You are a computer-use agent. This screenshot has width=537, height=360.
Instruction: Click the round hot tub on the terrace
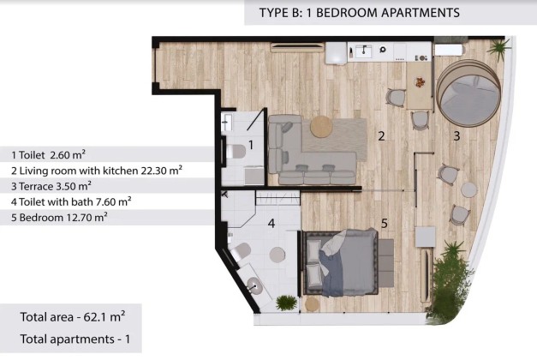pos(468,93)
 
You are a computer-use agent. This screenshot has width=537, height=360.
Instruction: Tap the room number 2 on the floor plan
pos(381,136)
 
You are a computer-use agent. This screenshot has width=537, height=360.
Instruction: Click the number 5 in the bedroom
pos(385,224)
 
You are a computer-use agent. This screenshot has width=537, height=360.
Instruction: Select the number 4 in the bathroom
pos(271,224)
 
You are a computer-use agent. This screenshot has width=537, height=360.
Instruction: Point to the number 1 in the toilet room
pos(251,145)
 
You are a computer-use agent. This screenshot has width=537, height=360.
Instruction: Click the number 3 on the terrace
pos(456,136)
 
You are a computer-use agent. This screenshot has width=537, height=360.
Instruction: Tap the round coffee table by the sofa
pos(321,127)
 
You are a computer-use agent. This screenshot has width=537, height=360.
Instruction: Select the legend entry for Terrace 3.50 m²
pos(51,186)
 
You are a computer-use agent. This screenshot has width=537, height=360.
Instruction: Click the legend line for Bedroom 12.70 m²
pos(59,217)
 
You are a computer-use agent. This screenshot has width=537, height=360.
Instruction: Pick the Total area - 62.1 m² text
pos(73,316)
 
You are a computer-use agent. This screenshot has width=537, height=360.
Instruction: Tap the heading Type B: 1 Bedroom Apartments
pos(359,13)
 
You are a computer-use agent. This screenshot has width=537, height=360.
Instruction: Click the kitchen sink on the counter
pos(364,51)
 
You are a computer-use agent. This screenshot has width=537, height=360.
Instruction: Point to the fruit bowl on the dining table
pos(420,82)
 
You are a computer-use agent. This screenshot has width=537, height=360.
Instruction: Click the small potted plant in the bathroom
pos(286,303)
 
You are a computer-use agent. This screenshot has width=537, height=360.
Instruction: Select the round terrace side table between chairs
pos(468,189)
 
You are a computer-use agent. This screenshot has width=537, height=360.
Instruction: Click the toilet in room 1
pos(236,151)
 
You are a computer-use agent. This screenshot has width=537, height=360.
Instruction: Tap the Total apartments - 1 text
pos(75,339)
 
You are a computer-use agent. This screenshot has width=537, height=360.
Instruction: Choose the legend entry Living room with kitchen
pos(96,171)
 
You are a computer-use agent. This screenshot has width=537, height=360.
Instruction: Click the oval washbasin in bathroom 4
pos(255,285)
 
